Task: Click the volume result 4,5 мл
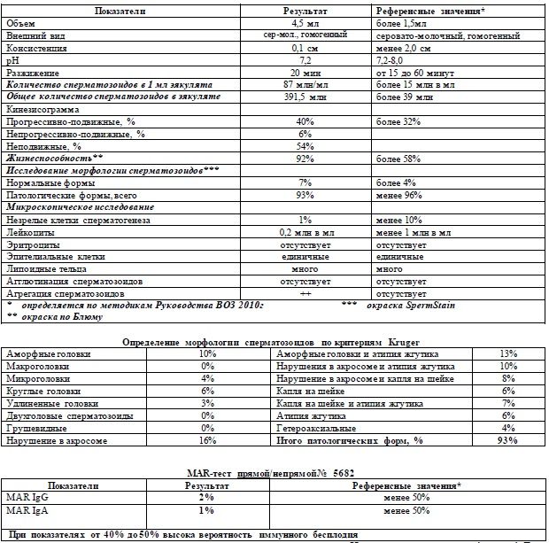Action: point(305,23)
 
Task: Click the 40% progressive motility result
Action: point(305,121)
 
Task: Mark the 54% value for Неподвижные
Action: point(305,146)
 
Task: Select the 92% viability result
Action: point(305,159)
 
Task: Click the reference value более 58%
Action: point(398,159)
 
